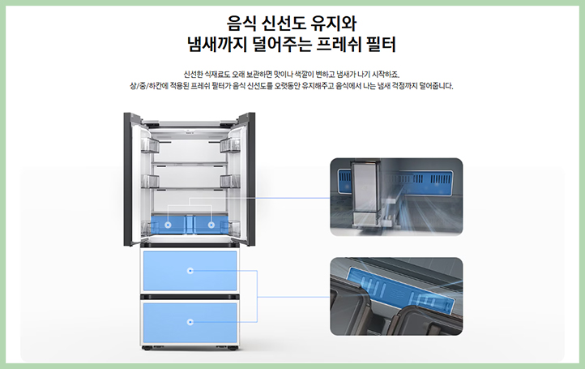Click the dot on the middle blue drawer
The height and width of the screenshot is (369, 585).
pos(190,271)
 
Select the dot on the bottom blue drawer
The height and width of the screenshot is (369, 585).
pos(190,321)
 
